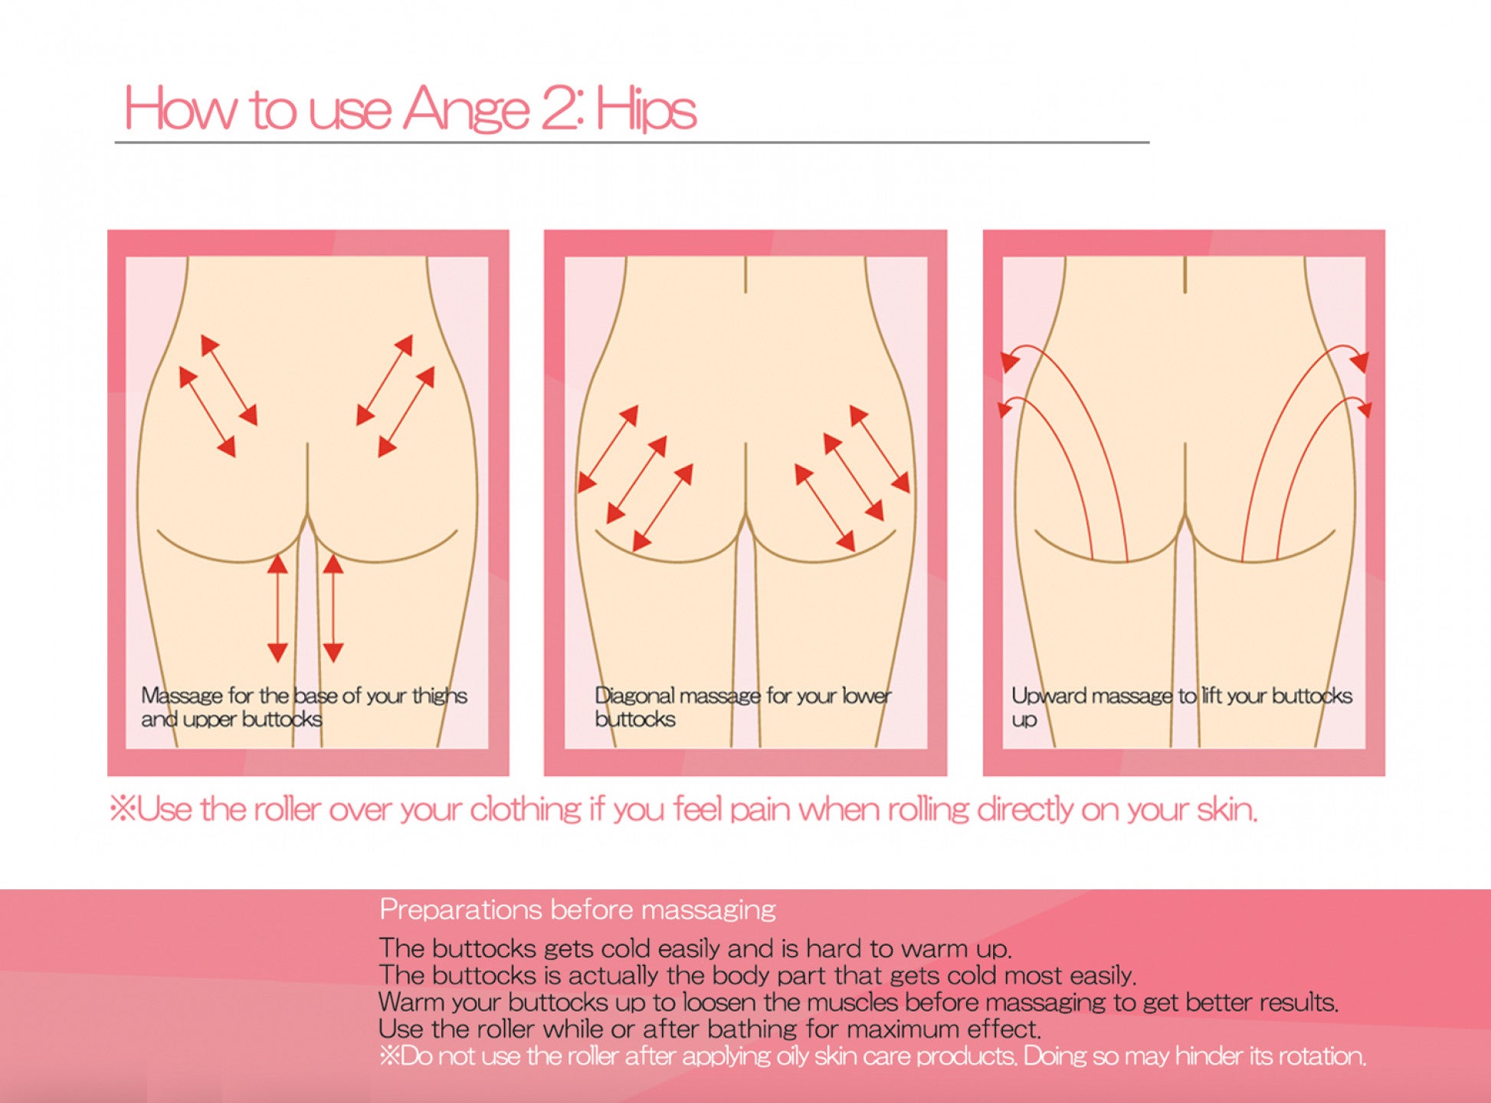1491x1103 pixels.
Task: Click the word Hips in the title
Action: [647, 109]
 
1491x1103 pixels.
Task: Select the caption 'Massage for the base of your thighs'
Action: [304, 696]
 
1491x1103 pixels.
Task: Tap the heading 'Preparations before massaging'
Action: [578, 910]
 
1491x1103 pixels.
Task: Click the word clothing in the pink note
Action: [526, 810]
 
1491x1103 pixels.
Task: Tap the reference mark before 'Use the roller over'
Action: [123, 808]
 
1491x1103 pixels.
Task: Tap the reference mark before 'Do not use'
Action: [390, 1056]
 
